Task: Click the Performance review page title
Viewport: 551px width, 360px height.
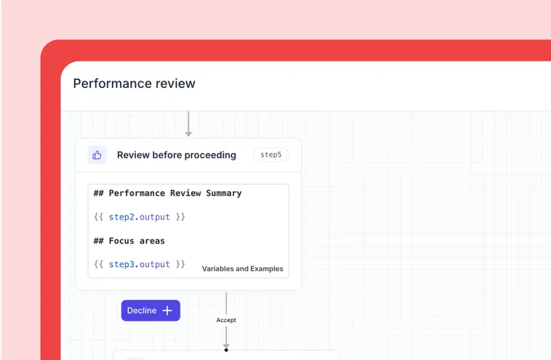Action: (134, 83)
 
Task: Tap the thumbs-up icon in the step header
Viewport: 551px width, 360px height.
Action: (97, 155)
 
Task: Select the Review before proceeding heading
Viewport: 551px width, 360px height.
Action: (176, 155)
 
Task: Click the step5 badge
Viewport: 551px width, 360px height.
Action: (271, 155)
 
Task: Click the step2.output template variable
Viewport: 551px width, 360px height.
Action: (139, 217)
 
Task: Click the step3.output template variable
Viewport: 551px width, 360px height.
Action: (139, 264)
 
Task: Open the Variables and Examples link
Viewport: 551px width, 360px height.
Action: (242, 268)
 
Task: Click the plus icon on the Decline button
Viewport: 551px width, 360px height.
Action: (167, 310)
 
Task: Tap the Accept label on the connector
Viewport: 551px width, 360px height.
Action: (226, 320)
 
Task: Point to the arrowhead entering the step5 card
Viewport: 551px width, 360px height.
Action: (188, 134)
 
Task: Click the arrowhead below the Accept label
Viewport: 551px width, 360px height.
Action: (226, 345)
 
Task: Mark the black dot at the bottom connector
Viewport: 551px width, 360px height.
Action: (226, 350)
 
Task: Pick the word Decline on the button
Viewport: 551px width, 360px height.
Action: (142, 310)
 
